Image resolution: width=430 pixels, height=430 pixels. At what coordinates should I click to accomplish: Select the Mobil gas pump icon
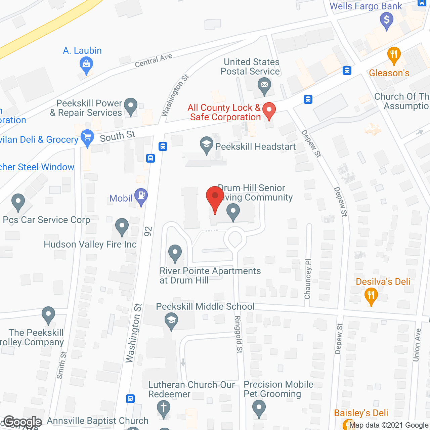pos(141,196)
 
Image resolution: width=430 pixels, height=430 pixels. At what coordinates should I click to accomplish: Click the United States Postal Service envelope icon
pos(264,85)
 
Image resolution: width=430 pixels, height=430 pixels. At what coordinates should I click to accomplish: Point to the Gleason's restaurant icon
pos(394,55)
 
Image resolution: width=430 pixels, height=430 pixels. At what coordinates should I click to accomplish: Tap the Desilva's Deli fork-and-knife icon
pos(371,296)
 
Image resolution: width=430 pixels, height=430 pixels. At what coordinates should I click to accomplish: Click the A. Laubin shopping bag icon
pos(86,64)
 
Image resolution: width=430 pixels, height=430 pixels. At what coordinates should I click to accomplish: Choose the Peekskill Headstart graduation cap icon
pos(207,145)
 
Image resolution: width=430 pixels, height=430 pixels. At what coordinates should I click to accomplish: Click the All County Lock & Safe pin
pos(269,111)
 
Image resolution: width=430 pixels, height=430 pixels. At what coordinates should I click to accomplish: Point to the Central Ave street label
pos(154,60)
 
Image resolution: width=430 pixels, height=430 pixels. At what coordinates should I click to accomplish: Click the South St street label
pos(117,136)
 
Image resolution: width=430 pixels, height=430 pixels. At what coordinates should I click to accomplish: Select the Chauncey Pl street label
pos(308,279)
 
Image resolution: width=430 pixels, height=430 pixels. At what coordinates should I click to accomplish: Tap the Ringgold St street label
pos(238,334)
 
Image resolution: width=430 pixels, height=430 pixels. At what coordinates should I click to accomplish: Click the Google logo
pos(23,422)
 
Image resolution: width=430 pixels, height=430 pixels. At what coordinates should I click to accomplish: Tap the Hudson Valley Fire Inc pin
pos(122,227)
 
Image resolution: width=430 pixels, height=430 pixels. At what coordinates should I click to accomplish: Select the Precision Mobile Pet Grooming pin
pos(259,408)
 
